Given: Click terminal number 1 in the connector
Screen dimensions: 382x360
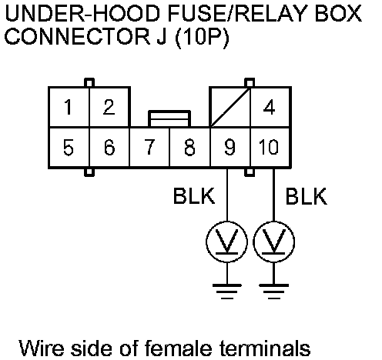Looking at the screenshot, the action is pyautogui.click(x=69, y=107).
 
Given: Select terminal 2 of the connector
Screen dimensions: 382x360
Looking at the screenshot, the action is pyautogui.click(x=109, y=107).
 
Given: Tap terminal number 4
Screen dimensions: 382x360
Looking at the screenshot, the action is pyautogui.click(x=270, y=107).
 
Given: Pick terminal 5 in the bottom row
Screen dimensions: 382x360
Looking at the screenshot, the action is pyautogui.click(x=69, y=147).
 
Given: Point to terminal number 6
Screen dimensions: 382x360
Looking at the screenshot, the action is pyautogui.click(x=109, y=147).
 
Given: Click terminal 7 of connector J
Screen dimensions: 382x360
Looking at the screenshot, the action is pyautogui.click(x=149, y=147).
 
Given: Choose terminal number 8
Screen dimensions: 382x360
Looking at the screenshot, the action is pyautogui.click(x=189, y=147).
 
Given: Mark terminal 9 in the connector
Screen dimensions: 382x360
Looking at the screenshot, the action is pyautogui.click(x=230, y=147).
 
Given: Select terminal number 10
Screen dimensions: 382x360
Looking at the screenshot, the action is pyautogui.click(x=270, y=147).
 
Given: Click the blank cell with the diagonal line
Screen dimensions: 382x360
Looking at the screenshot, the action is pyautogui.click(x=230, y=107).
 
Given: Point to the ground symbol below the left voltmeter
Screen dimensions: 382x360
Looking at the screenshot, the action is pyautogui.click(x=227, y=292).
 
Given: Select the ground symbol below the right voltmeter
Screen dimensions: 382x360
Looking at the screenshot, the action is pyautogui.click(x=273, y=292).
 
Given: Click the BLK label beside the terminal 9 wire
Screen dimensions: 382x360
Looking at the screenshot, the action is pyautogui.click(x=194, y=196).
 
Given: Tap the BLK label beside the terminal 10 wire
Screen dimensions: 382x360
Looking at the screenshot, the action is pyautogui.click(x=306, y=196).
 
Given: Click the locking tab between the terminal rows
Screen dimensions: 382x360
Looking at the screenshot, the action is pyautogui.click(x=169, y=118).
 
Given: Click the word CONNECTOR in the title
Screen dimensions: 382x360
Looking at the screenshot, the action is pyautogui.click(x=77, y=36).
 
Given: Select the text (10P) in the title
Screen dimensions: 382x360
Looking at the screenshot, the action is pyautogui.click(x=202, y=37).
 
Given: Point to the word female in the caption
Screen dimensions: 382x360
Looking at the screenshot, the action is pyautogui.click(x=178, y=348).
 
